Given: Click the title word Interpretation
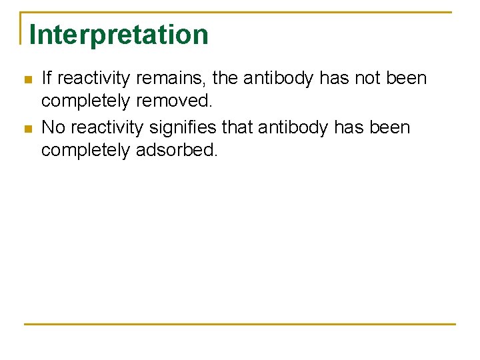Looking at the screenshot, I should click(119, 35).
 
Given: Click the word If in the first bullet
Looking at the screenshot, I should click(46, 79).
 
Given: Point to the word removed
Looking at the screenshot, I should click(174, 101).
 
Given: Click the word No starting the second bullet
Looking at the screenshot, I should click(53, 127).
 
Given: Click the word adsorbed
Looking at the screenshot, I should click(177, 150).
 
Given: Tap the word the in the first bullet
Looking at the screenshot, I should click(225, 79).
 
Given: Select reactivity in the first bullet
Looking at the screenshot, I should click(93, 79).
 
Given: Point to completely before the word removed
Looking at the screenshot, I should click(86, 101).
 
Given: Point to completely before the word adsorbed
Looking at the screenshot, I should click(86, 150).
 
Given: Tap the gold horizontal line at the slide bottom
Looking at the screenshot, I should click(240, 324).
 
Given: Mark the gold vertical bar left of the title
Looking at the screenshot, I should click(21, 28).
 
